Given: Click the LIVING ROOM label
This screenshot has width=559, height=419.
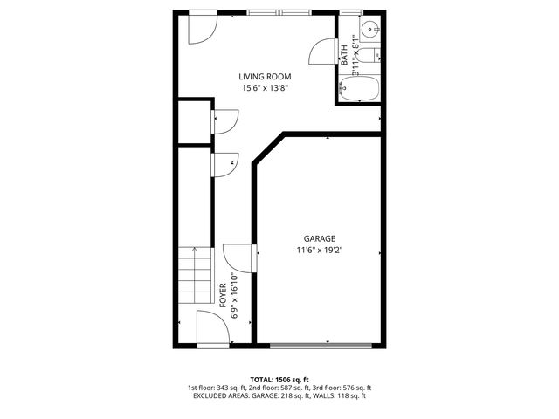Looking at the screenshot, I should click(x=266, y=76).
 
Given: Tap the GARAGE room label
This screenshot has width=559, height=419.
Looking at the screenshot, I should click(x=319, y=238).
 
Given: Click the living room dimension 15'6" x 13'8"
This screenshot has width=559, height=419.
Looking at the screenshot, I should click(x=266, y=87).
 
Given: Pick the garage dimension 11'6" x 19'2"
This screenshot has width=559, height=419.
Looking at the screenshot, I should click(x=319, y=250).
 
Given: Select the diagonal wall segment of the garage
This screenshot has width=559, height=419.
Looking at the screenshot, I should click(x=269, y=148).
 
